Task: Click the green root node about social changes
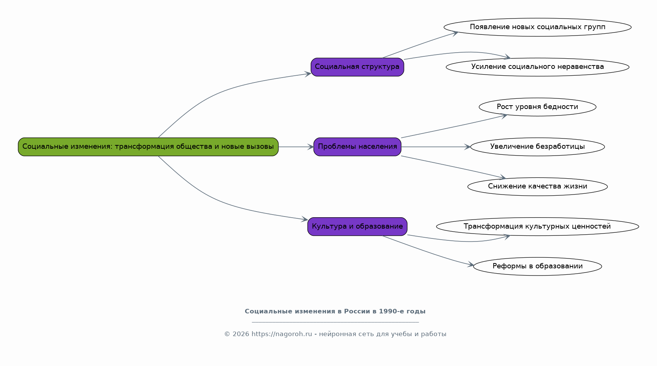pyautogui.click(x=148, y=147)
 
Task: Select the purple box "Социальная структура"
pyautogui.click(x=357, y=67)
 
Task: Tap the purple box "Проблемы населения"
pyautogui.click(x=357, y=147)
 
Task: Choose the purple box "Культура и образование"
pyautogui.click(x=357, y=226)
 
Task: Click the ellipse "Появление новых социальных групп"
pyautogui.click(x=537, y=27)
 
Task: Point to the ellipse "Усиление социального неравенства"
pyautogui.click(x=537, y=67)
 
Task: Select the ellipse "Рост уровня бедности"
pyautogui.click(x=537, y=107)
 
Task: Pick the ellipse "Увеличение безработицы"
pyautogui.click(x=537, y=147)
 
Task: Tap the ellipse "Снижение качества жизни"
pyautogui.click(x=537, y=187)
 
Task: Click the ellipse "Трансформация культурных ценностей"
pyautogui.click(x=537, y=226)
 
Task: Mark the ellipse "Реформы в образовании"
pyautogui.click(x=537, y=266)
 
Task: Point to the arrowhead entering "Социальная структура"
pyautogui.click(x=308, y=74)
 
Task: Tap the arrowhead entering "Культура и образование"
pyautogui.click(x=304, y=219)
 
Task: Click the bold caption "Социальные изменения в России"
pyautogui.click(x=335, y=311)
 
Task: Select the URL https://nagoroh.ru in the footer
pyautogui.click(x=282, y=334)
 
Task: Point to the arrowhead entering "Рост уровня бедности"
pyautogui.click(x=504, y=116)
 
